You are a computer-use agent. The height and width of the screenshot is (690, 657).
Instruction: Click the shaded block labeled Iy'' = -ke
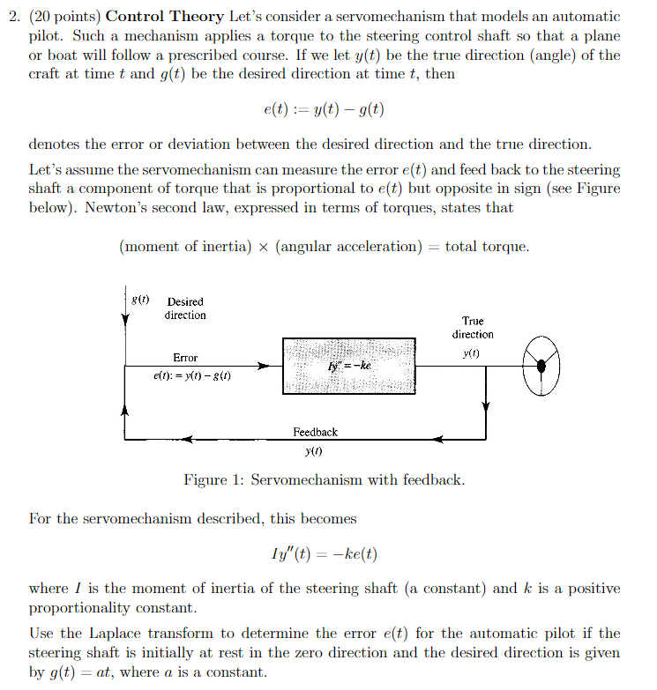[348, 365]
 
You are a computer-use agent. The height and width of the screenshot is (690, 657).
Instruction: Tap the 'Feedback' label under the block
[315, 432]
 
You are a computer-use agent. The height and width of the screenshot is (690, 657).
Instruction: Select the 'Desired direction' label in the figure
[185, 308]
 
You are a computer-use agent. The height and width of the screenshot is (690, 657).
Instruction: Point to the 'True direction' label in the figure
[473, 328]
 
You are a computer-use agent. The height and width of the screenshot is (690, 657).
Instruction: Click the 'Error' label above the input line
[185, 358]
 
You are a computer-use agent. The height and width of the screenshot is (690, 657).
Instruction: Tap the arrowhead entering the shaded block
[264, 365]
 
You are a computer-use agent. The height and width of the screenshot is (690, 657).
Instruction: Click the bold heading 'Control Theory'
[156, 18]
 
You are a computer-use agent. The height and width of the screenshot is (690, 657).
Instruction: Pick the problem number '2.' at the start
[35, 18]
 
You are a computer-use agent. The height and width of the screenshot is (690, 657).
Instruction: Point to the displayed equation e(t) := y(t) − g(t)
[324, 111]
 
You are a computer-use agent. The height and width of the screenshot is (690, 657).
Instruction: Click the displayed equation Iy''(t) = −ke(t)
[325, 554]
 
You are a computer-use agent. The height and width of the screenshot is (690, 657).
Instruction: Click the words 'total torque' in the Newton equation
[487, 247]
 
